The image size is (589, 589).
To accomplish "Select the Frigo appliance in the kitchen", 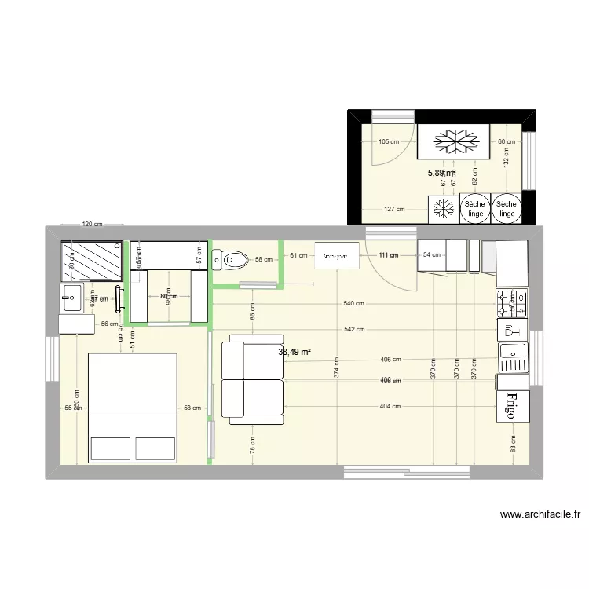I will tap(513, 406).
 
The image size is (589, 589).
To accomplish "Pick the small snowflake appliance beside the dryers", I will tap(443, 208).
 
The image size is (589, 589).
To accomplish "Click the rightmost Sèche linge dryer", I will tap(507, 208).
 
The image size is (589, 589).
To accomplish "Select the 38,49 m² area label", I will tap(294, 353).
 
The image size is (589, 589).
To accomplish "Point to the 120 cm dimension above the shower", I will tap(93, 225).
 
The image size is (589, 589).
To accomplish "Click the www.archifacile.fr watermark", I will tap(540, 515).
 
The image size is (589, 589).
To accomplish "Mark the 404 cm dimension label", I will tap(390, 406).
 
